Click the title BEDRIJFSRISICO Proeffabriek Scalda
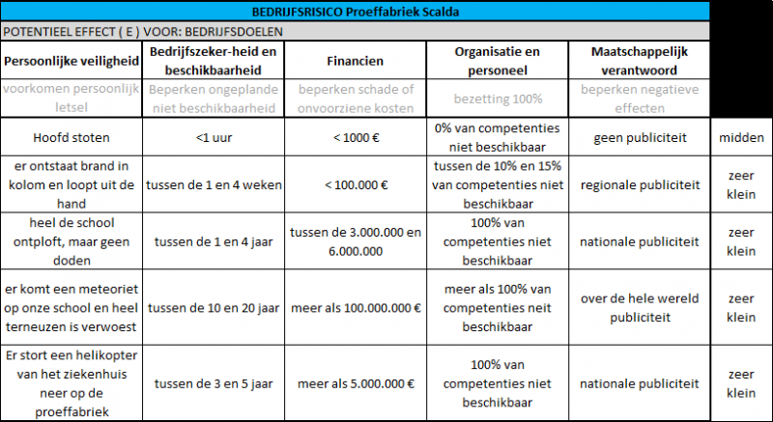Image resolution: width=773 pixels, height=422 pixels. pyautogui.click(x=355, y=13)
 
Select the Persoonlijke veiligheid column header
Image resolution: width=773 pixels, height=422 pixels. pyautogui.click(x=72, y=61)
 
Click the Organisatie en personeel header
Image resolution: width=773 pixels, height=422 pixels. pyautogui.click(x=498, y=61)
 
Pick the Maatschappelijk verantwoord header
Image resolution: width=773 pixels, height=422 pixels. pyautogui.click(x=639, y=61)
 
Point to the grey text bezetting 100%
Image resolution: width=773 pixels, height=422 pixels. pyautogui.click(x=498, y=98)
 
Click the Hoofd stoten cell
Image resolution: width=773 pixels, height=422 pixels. pyautogui.click(x=72, y=137)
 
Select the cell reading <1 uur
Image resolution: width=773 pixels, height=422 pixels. pyautogui.click(x=214, y=137)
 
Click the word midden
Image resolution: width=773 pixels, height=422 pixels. pyautogui.click(x=742, y=137)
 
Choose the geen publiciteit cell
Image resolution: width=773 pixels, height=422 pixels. pyautogui.click(x=639, y=137)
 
